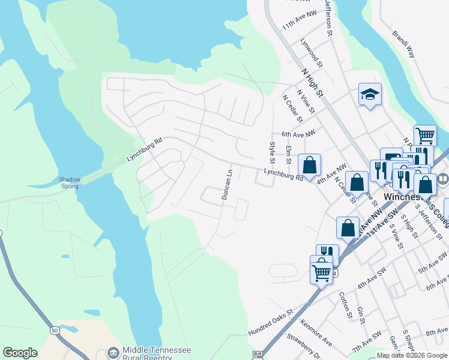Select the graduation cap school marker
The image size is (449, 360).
click(370, 94)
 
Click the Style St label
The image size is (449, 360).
click(273, 152)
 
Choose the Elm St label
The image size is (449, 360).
click(289, 154)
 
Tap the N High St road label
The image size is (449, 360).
click(312, 82)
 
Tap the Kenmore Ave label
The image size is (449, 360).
click(317, 335)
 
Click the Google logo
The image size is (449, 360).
click(20, 353)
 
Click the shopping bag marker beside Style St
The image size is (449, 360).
click(310, 165)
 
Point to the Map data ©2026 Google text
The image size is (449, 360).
click(412, 355)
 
